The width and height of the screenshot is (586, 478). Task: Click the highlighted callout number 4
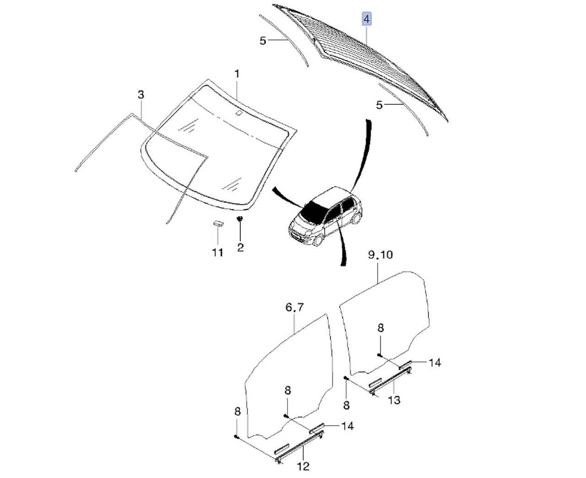pyautogui.click(x=366, y=19)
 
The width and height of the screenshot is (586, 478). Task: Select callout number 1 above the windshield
pyautogui.click(x=237, y=73)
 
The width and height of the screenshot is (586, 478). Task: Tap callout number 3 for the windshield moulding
pyautogui.click(x=141, y=95)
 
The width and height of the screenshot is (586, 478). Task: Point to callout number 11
pyautogui.click(x=217, y=252)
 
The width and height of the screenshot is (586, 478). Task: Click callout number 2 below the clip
pyautogui.click(x=240, y=248)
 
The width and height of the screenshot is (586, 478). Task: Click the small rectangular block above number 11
pyautogui.click(x=217, y=223)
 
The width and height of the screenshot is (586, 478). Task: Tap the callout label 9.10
pyautogui.click(x=380, y=255)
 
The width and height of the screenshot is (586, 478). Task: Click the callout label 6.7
pyautogui.click(x=294, y=308)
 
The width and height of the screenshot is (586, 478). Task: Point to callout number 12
pyautogui.click(x=303, y=467)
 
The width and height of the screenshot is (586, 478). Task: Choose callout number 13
pyautogui.click(x=394, y=400)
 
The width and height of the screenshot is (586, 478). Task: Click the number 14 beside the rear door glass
pyautogui.click(x=434, y=363)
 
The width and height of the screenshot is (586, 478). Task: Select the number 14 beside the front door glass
pyautogui.click(x=347, y=426)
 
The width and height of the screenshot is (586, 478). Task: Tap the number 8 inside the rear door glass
pyautogui.click(x=380, y=328)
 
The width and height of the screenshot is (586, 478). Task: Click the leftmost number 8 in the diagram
pyautogui.click(x=237, y=412)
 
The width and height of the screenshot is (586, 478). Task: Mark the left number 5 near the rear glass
pyautogui.click(x=262, y=41)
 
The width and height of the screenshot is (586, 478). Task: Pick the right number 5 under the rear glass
pyautogui.click(x=379, y=105)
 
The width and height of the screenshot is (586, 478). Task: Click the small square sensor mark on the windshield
pyautogui.click(x=239, y=113)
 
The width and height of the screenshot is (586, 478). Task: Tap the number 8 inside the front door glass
pyautogui.click(x=287, y=391)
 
